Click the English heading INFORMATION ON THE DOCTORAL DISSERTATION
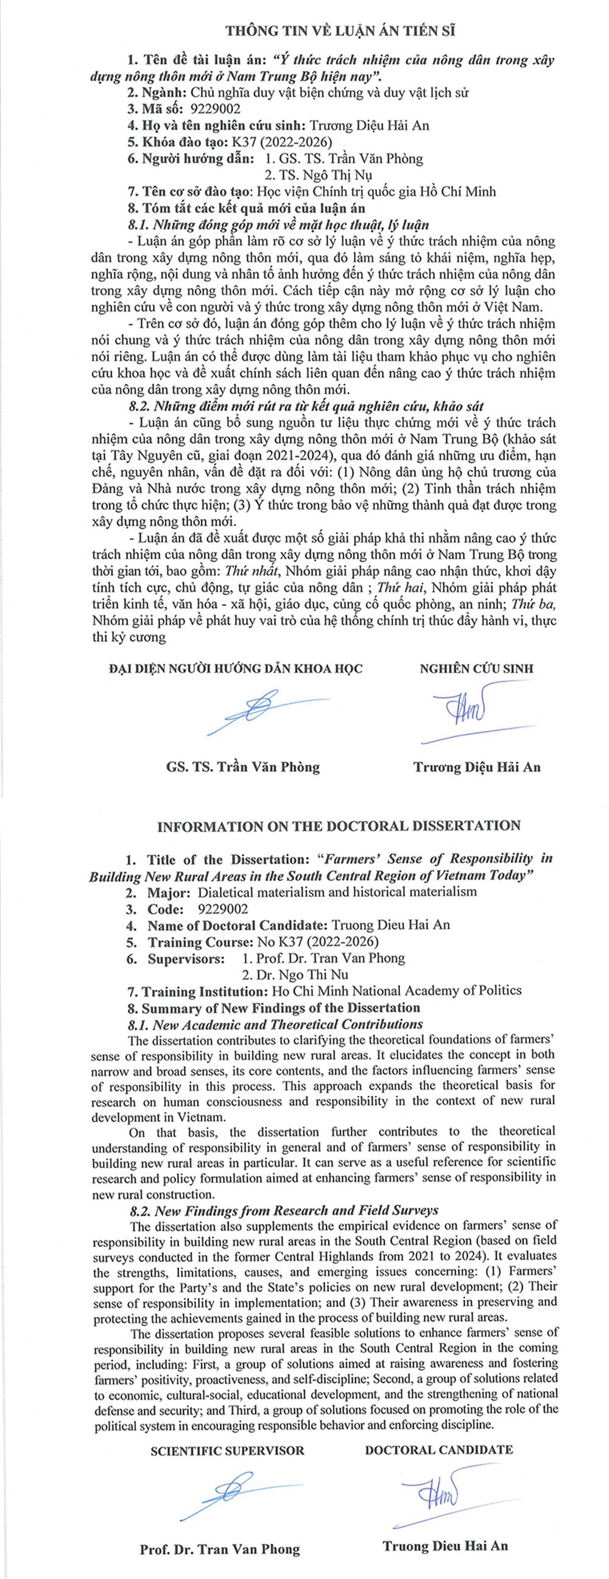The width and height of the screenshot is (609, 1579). coord(339,826)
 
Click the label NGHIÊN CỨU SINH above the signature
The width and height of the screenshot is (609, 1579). coord(476,668)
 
